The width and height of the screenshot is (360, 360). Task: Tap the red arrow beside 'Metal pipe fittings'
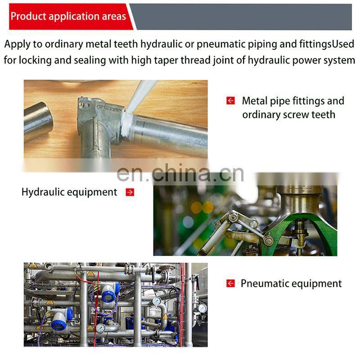click(230, 100)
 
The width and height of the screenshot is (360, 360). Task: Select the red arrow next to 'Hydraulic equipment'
click(130, 193)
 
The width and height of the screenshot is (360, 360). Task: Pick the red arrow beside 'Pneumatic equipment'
click(230, 283)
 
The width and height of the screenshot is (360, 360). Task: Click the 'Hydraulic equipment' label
click(69, 193)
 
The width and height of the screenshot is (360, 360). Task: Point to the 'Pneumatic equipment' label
click(291, 284)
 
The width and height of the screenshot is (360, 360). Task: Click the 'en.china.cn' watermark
click(180, 173)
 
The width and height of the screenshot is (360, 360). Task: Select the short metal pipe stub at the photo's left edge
click(38, 122)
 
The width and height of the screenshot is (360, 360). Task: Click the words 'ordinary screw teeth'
click(288, 115)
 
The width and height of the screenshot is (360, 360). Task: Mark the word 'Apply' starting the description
click(17, 44)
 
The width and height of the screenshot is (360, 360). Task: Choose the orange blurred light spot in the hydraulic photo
click(202, 207)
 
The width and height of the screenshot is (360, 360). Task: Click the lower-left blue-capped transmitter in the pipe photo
click(61, 319)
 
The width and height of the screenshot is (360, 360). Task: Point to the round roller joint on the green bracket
click(268, 241)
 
